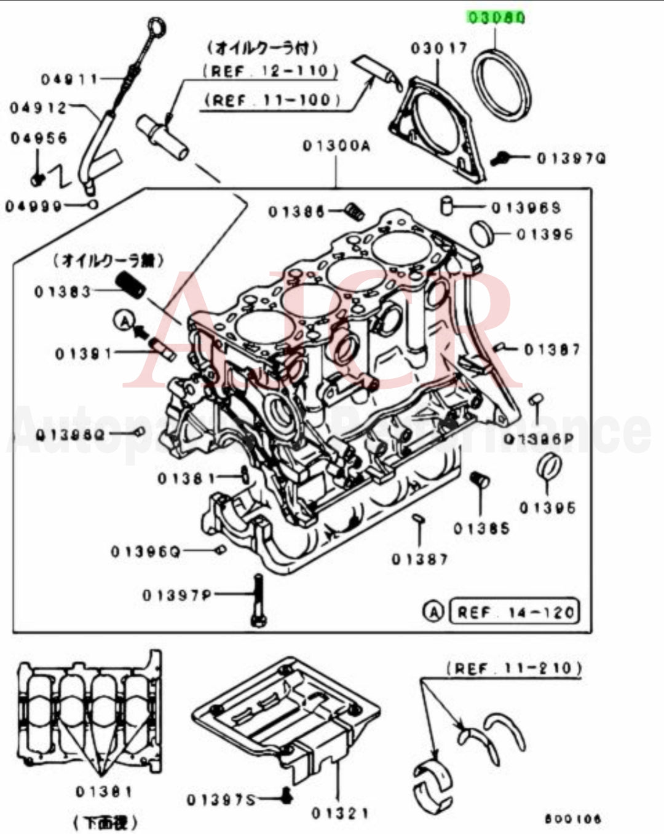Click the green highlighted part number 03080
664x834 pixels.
click(496, 17)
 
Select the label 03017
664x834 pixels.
click(439, 47)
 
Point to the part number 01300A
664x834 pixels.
click(336, 146)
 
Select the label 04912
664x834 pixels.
click(38, 108)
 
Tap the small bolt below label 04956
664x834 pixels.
click(37, 179)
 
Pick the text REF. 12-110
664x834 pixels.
click(270, 71)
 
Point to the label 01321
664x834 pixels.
click(339, 813)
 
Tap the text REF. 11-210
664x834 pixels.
click(513, 668)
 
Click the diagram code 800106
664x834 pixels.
click(572, 819)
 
